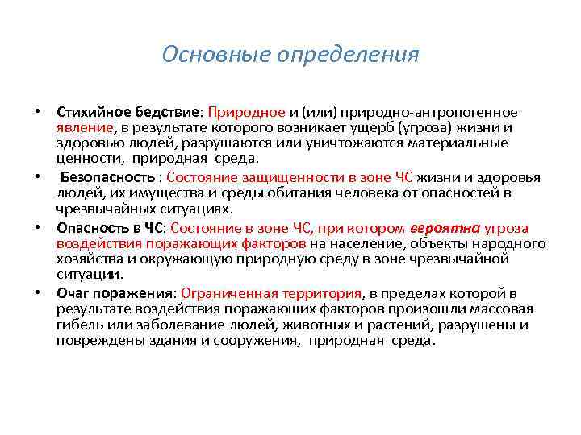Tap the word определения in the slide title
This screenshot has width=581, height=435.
tap(348, 55)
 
